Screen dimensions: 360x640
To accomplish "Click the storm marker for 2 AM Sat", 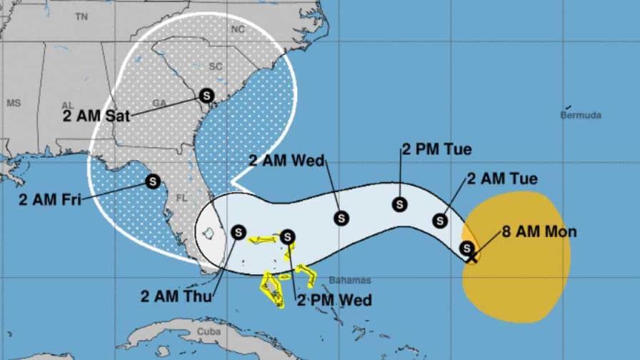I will pyautogui.click(x=206, y=94).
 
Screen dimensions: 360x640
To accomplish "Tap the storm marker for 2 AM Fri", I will pyautogui.click(x=152, y=181).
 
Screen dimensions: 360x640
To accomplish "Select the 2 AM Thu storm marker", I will pyautogui.click(x=239, y=232).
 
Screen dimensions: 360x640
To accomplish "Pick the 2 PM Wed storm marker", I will pyautogui.click(x=287, y=236).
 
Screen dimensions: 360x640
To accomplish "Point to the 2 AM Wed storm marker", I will pyautogui.click(x=342, y=217).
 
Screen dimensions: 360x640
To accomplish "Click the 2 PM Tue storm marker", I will pyautogui.click(x=400, y=205).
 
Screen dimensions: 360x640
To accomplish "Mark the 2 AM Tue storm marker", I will pyautogui.click(x=440, y=221).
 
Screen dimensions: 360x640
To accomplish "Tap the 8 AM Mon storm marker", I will pyautogui.click(x=466, y=248).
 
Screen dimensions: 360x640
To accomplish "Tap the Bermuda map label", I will pyautogui.click(x=581, y=115).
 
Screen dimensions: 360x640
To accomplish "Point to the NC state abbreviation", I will pyautogui.click(x=238, y=29).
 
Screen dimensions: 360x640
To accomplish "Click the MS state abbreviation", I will pyautogui.click(x=14, y=104).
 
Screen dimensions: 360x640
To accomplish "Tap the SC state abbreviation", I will pyautogui.click(x=215, y=66).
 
